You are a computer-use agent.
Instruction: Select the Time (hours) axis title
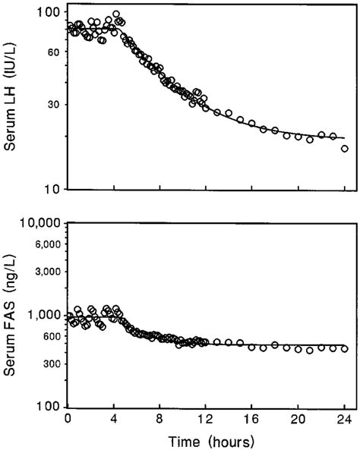(207, 439)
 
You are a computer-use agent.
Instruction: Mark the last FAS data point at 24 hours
(344, 349)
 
